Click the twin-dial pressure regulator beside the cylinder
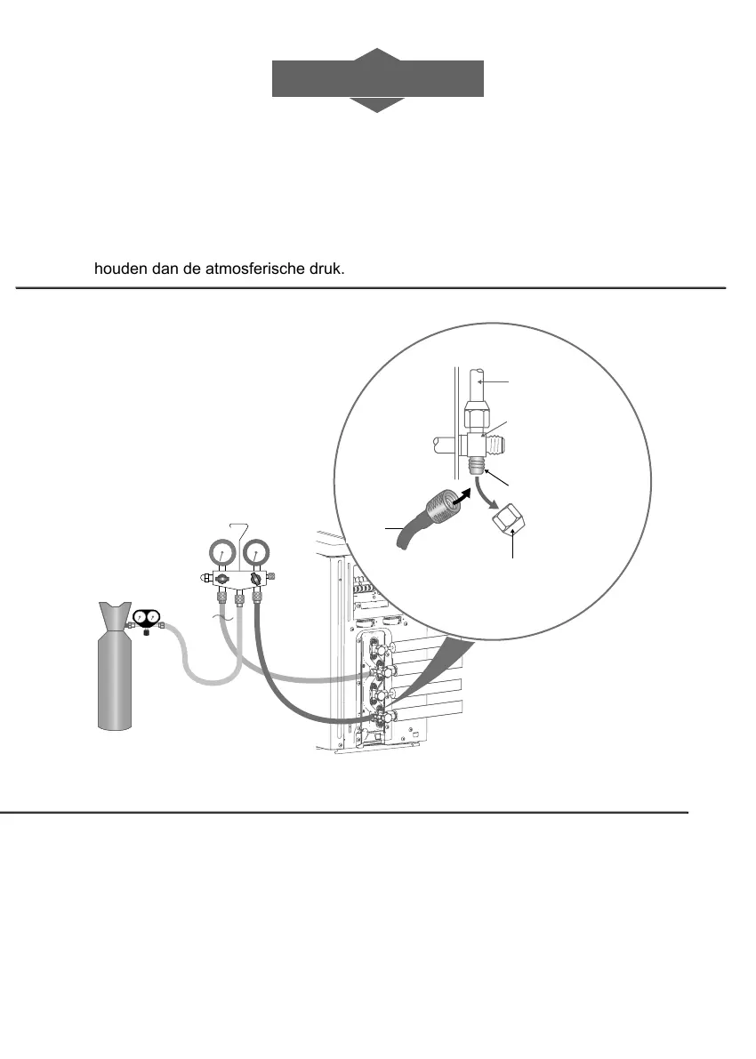click(x=146, y=620)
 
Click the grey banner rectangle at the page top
click(x=378, y=79)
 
